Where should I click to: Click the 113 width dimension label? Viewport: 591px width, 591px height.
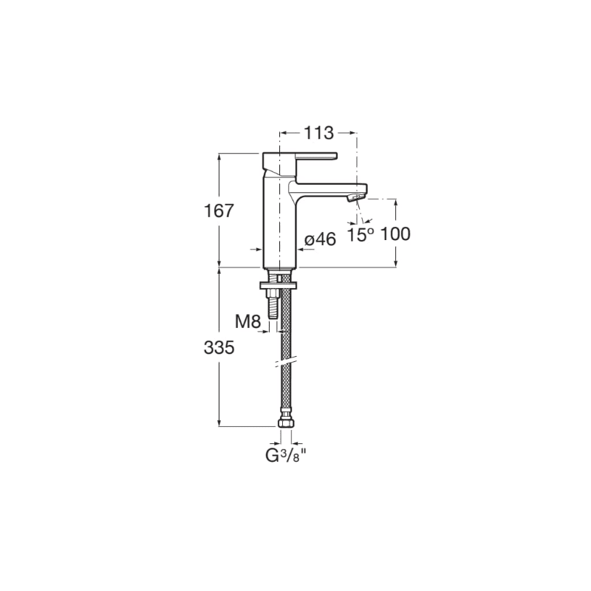pyautogui.click(x=319, y=133)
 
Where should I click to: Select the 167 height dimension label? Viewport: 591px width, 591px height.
pyautogui.click(x=219, y=211)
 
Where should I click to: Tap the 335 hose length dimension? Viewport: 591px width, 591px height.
pyautogui.click(x=219, y=347)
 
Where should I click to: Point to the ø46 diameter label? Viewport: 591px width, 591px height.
pyautogui.click(x=320, y=239)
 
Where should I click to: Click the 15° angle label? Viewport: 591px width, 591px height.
pyautogui.click(x=361, y=234)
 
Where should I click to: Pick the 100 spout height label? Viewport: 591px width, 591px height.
pyautogui.click(x=395, y=234)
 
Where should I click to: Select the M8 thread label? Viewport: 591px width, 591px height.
pyautogui.click(x=248, y=322)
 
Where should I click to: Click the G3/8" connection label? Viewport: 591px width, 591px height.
pyautogui.click(x=286, y=456)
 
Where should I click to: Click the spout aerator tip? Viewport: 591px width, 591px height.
pyautogui.click(x=357, y=197)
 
